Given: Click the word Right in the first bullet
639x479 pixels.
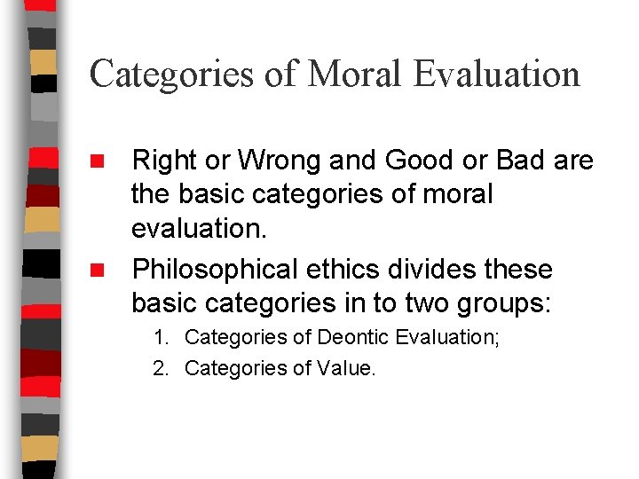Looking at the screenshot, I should coord(164,161).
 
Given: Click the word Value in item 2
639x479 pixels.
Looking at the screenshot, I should coord(346,366).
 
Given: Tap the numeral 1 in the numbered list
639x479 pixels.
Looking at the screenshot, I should coord(159,337).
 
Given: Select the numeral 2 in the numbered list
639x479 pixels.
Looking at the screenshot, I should coord(159,366).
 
